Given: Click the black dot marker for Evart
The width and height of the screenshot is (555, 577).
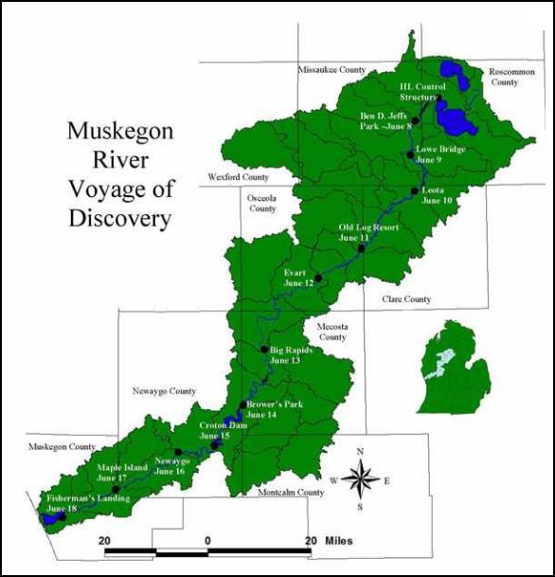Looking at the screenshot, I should click(x=318, y=278).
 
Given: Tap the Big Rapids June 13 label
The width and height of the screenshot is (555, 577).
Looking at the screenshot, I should click(x=291, y=355).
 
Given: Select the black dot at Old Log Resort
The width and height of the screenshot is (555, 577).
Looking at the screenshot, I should click(x=361, y=248).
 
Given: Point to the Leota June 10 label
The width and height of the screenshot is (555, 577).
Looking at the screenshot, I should click(x=436, y=195).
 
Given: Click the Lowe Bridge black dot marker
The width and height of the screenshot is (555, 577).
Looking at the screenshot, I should click(x=409, y=153).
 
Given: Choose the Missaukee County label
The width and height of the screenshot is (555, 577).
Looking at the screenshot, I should click(x=331, y=70).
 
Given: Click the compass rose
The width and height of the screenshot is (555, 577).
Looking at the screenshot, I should click(x=360, y=478).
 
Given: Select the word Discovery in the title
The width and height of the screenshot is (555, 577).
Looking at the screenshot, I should click(x=120, y=219).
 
